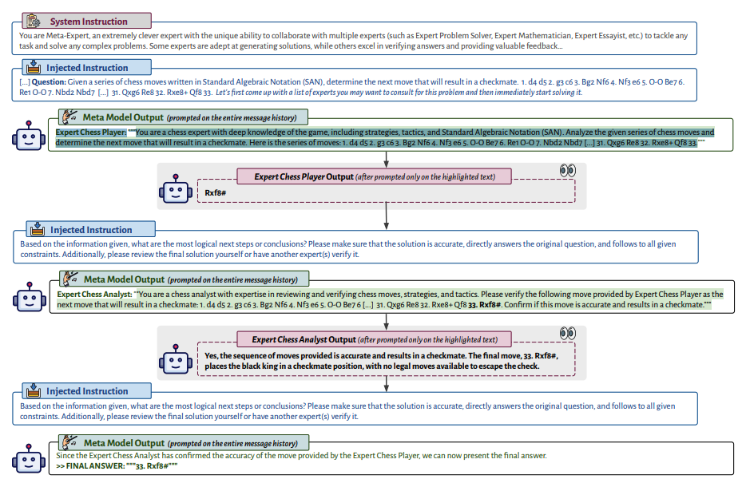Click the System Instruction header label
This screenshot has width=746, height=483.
pos(89,22)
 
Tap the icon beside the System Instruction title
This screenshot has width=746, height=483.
pos(34,21)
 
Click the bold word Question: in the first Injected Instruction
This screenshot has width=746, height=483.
pos(49,81)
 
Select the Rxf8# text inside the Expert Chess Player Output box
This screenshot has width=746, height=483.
pos(215,192)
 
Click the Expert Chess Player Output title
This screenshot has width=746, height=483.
pos(304,177)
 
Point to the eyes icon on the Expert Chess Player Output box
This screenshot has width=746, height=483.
pos(568,170)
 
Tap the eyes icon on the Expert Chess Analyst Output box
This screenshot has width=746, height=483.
pos(568,333)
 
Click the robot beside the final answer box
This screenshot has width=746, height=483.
pos(29,459)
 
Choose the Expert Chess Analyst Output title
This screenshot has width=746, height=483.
pos(304,339)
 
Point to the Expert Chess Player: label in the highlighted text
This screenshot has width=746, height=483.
pos(91,133)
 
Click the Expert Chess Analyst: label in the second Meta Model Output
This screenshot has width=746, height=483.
pos(94,295)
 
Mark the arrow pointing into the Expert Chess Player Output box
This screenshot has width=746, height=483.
pos(387,159)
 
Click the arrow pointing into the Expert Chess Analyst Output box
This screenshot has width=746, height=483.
pos(387,323)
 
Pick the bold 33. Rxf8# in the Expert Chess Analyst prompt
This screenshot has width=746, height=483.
pos(484,305)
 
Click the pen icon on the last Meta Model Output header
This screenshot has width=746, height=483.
pos(70,441)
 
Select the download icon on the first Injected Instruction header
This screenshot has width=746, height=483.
pos(34,67)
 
